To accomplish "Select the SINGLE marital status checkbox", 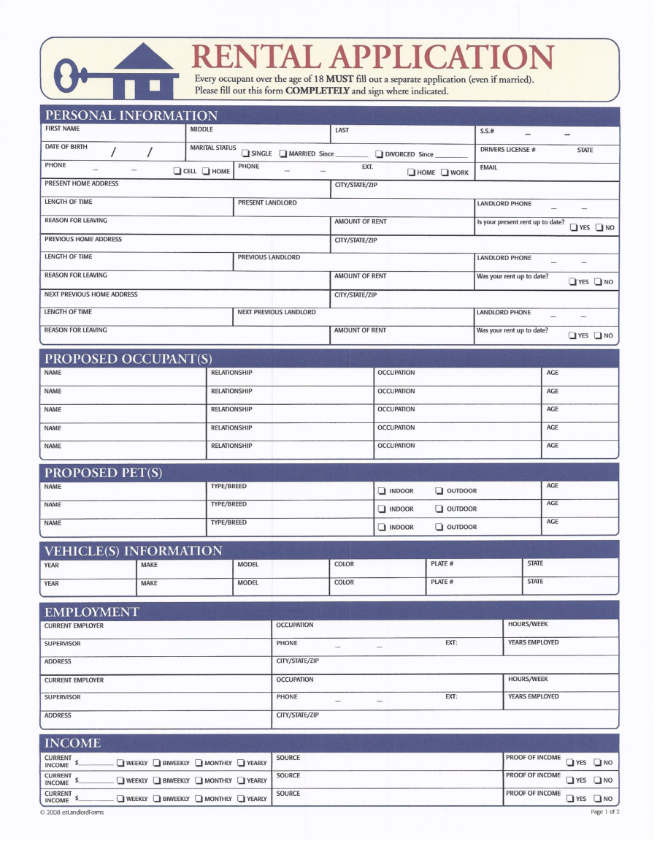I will pos(246,153).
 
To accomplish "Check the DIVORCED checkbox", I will pos(380,154).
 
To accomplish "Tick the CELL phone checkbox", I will pos(177,172).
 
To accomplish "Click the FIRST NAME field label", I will pos(62,129).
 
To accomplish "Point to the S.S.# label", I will pos(488,131).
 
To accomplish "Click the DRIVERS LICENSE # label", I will pos(507,150).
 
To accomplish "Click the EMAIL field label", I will pos(488,167).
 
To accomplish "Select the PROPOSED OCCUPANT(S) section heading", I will pos(128,359).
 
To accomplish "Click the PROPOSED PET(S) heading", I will pos(103,473).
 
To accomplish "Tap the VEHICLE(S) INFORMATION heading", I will pos(133,550).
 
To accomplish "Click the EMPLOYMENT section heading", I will pos(91,612).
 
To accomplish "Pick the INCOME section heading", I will pos(73,743).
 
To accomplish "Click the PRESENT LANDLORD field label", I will pos(267,202).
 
